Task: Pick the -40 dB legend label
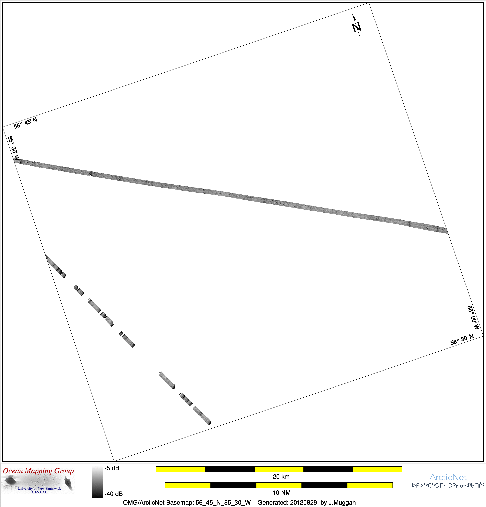coord(113,494)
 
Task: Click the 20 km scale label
coord(281,476)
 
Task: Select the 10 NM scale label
coord(282,492)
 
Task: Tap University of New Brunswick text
coord(39,488)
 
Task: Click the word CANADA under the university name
coord(39,492)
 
